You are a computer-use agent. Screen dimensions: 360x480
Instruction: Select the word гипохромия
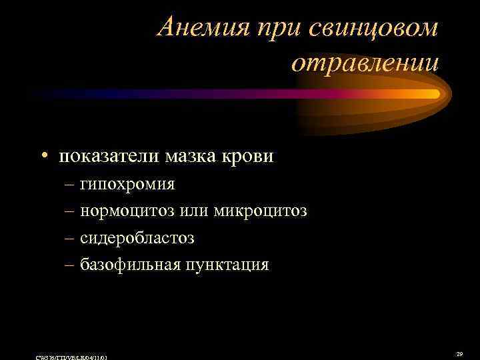tap(127, 184)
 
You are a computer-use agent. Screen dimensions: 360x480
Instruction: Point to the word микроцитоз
tap(261, 211)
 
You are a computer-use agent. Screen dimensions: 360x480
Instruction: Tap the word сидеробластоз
tap(137, 238)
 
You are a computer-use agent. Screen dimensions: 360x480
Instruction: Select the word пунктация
tap(228, 265)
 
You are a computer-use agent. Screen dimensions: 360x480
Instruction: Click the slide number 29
tap(459, 354)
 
